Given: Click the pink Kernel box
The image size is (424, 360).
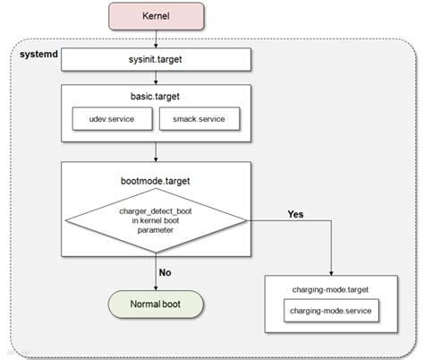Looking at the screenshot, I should pos(157,18).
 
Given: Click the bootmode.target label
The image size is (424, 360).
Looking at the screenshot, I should pos(157,179).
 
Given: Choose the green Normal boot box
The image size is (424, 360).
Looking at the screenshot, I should pos(157,303).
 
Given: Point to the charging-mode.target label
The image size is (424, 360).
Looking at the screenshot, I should pos(330,290).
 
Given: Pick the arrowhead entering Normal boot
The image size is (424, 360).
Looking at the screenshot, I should pos(157,285).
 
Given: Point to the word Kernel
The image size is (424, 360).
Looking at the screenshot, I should pos(157,18).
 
